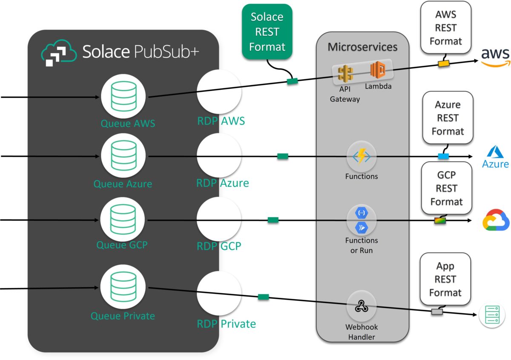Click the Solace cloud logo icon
point(59,53)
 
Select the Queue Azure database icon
point(123,156)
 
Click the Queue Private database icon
point(123,288)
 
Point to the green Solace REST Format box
point(267,31)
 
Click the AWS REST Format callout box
point(445,28)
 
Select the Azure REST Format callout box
point(448,118)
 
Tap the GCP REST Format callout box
point(447,188)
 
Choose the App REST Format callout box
point(445,280)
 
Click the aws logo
point(495,57)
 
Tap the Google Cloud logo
point(496,220)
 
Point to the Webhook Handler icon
point(362,306)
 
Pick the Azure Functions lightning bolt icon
point(362,156)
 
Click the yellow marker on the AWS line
point(444,64)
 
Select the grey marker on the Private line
point(437,311)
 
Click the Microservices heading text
point(362,47)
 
